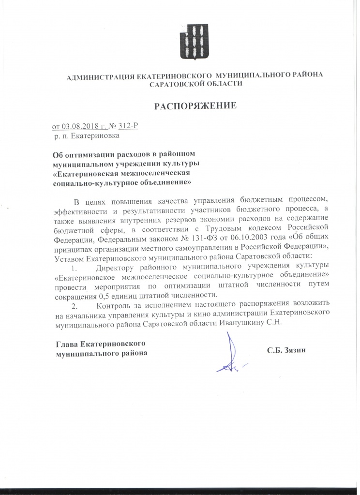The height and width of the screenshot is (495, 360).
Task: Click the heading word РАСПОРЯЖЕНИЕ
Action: tap(195, 105)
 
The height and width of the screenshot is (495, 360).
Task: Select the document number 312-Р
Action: tap(128, 127)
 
